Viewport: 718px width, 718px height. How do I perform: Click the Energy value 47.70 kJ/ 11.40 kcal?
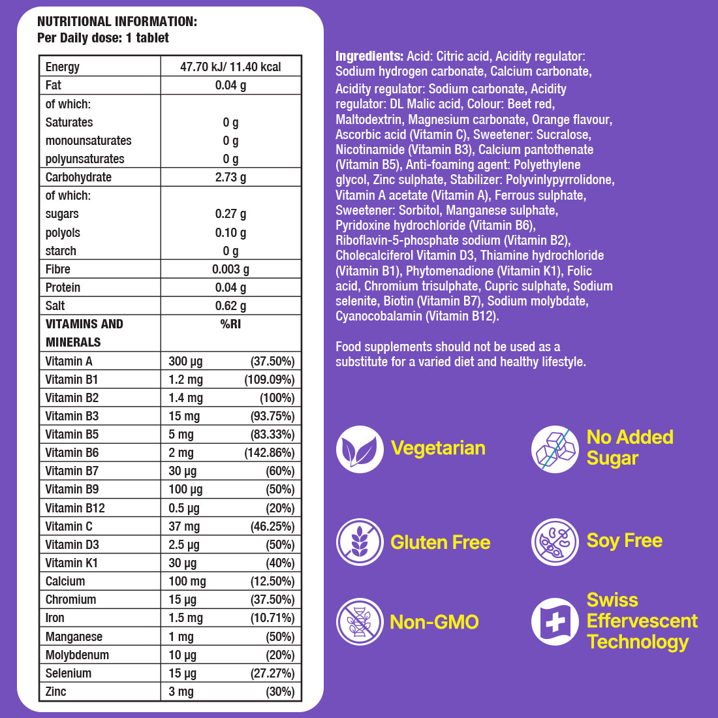pos(230,67)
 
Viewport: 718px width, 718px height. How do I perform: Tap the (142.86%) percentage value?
pos(269,452)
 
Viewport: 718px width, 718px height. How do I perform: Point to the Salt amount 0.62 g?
pos(230,305)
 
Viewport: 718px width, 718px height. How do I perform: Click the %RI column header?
pos(230,324)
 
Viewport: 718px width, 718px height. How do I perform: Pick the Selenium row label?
pos(69,673)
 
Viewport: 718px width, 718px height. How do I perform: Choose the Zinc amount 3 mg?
pos(181,691)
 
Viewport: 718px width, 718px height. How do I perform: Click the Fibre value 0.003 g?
pos(230,269)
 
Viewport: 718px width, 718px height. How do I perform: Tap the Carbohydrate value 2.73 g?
pos(230,177)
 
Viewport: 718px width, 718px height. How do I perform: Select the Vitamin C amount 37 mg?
pos(184,526)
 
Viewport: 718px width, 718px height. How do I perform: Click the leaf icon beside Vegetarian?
pos(360,449)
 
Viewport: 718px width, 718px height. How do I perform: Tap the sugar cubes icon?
pos(555,449)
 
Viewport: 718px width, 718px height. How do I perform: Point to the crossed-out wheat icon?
pos(360,542)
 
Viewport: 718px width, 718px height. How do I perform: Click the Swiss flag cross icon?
pos(555,621)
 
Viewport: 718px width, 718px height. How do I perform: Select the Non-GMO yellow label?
pos(434,622)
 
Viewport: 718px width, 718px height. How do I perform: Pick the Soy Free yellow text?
pos(624,540)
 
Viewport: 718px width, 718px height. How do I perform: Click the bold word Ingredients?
pos(369,56)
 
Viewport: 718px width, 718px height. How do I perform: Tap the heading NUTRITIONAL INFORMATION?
pos(117,22)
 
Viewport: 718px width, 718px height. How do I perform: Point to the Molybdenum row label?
pos(77,655)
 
